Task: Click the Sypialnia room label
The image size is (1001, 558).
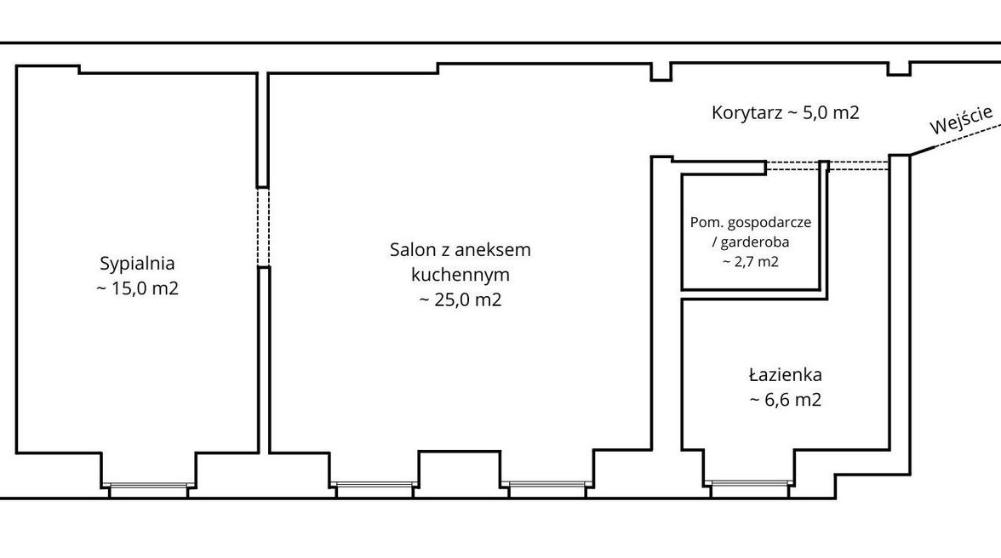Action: [x=137, y=264]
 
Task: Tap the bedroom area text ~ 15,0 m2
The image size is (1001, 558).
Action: [x=137, y=288]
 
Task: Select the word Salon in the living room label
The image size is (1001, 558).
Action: [x=410, y=249]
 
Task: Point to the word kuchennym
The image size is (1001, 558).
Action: [x=460, y=275]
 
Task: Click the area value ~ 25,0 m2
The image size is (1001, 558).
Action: [x=460, y=299]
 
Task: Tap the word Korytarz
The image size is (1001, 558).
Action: [x=747, y=113]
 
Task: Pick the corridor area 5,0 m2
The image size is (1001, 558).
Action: [x=831, y=113]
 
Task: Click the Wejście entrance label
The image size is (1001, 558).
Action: [x=962, y=120]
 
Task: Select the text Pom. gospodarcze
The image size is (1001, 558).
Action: [x=751, y=223]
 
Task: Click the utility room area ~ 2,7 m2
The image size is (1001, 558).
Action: [x=751, y=261]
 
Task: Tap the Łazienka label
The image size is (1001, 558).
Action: [x=785, y=374]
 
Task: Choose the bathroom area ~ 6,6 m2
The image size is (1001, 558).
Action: [x=785, y=400]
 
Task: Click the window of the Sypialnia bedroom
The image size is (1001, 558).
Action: [x=149, y=489]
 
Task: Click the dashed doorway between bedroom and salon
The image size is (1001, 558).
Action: [x=263, y=227]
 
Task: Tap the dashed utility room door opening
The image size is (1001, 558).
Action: [x=793, y=167]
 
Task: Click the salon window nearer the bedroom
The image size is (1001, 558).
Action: [x=375, y=488]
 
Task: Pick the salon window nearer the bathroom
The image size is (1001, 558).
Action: [x=546, y=488]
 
